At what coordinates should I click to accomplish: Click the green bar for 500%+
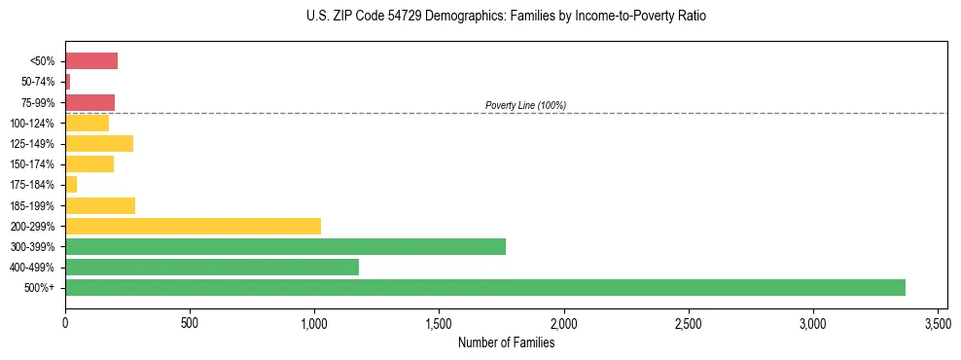click(x=484, y=287)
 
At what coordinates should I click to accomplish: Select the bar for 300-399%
click(x=285, y=246)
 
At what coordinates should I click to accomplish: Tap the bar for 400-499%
click(x=212, y=267)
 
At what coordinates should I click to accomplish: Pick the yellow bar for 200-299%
click(x=193, y=226)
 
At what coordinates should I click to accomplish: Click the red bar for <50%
click(x=91, y=61)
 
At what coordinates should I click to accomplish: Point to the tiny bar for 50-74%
click(x=67, y=82)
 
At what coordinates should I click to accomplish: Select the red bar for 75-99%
click(x=89, y=102)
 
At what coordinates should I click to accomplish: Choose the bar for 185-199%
click(x=100, y=205)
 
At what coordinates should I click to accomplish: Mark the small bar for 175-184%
click(x=71, y=184)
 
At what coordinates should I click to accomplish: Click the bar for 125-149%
click(x=99, y=143)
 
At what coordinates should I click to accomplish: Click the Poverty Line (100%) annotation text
click(x=525, y=105)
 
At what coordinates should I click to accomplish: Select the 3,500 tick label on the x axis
click(x=938, y=322)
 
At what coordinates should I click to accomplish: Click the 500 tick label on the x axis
click(x=190, y=322)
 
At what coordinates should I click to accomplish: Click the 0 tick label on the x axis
click(x=65, y=322)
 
